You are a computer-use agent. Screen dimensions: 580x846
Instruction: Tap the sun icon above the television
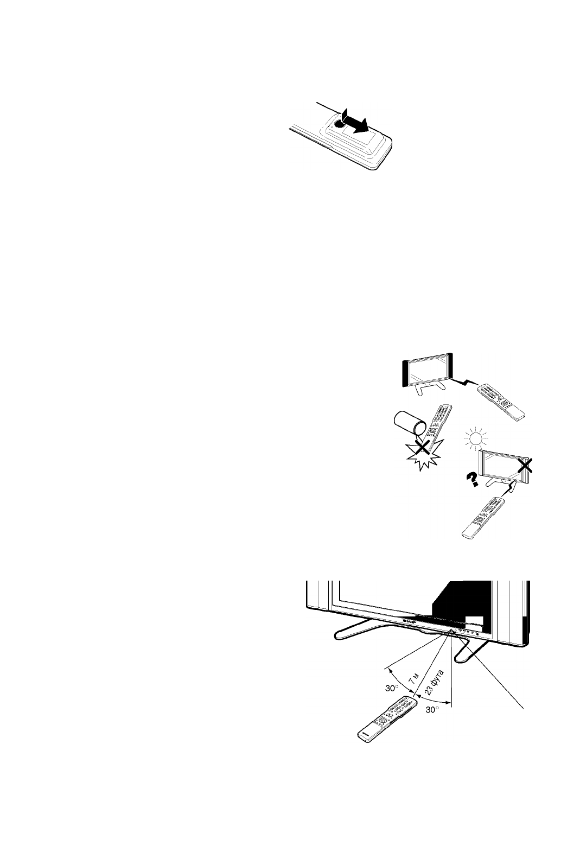coord(476,439)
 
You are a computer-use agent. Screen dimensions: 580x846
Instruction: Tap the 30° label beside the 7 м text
coord(392,688)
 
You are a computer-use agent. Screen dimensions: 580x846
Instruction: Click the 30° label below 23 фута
coord(433,710)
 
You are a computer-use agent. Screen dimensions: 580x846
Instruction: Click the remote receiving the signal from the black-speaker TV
coord(501,403)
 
